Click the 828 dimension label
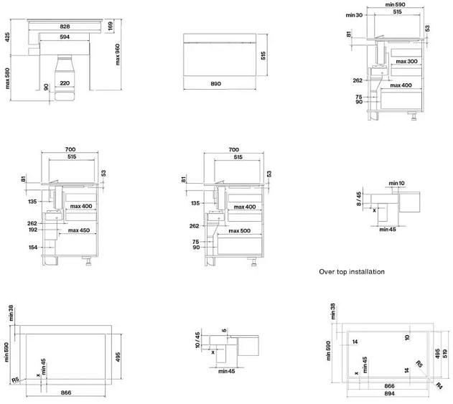(x=65, y=27)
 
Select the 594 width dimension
(x=65, y=37)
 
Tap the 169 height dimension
(x=110, y=26)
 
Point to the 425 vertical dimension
(x=7, y=37)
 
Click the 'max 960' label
(x=117, y=55)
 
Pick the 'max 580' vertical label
(x=7, y=78)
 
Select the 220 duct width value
(x=65, y=83)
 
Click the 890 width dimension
(x=216, y=84)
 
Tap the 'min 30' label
(x=354, y=15)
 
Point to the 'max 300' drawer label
(x=407, y=61)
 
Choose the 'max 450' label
(x=79, y=230)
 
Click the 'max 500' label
(x=240, y=231)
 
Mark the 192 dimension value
(x=33, y=230)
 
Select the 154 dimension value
(x=33, y=247)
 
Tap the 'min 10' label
(x=397, y=183)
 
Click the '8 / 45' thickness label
(x=359, y=199)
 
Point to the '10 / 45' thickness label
(x=197, y=340)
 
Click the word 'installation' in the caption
(x=367, y=272)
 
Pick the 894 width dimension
(x=389, y=394)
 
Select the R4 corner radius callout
(x=439, y=385)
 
